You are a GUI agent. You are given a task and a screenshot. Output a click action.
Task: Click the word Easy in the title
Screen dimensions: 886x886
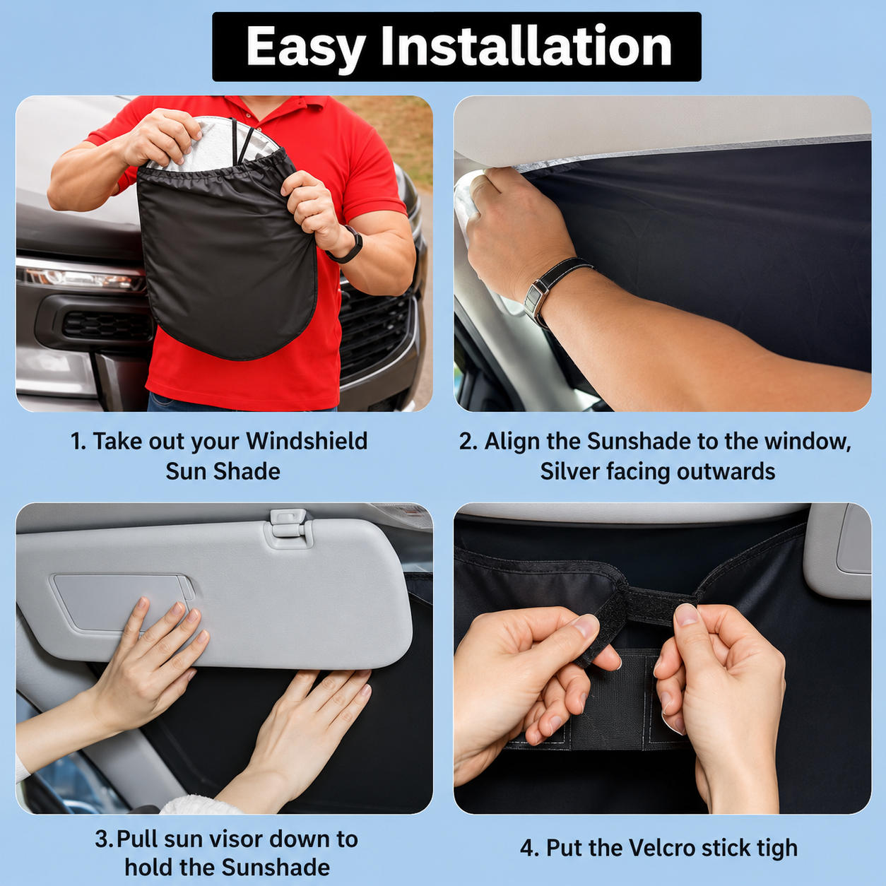pyautogui.click(x=306, y=47)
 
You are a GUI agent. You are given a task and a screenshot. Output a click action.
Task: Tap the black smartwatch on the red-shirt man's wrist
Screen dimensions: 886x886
pyautogui.click(x=348, y=244)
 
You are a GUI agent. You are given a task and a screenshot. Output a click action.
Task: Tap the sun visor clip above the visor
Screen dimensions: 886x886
pyautogui.click(x=289, y=527)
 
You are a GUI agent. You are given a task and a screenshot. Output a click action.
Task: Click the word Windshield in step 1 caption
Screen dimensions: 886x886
pyautogui.click(x=307, y=442)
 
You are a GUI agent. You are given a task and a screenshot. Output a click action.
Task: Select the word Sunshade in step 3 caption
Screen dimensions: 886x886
pyautogui.click(x=276, y=868)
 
